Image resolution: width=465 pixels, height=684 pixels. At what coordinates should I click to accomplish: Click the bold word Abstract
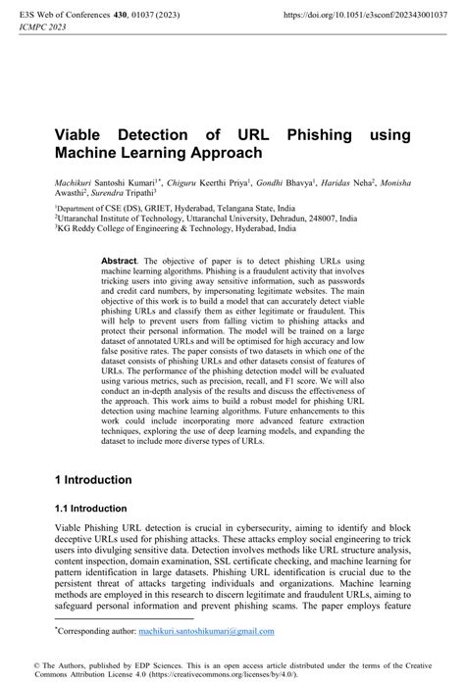(121, 262)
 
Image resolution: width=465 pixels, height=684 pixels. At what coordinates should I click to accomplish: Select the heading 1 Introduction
(93, 480)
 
